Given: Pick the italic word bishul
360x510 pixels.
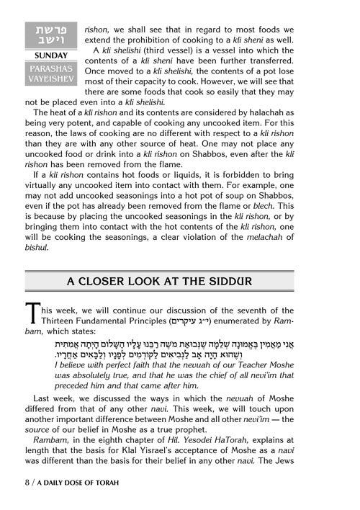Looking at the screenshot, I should [x=38, y=249].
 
